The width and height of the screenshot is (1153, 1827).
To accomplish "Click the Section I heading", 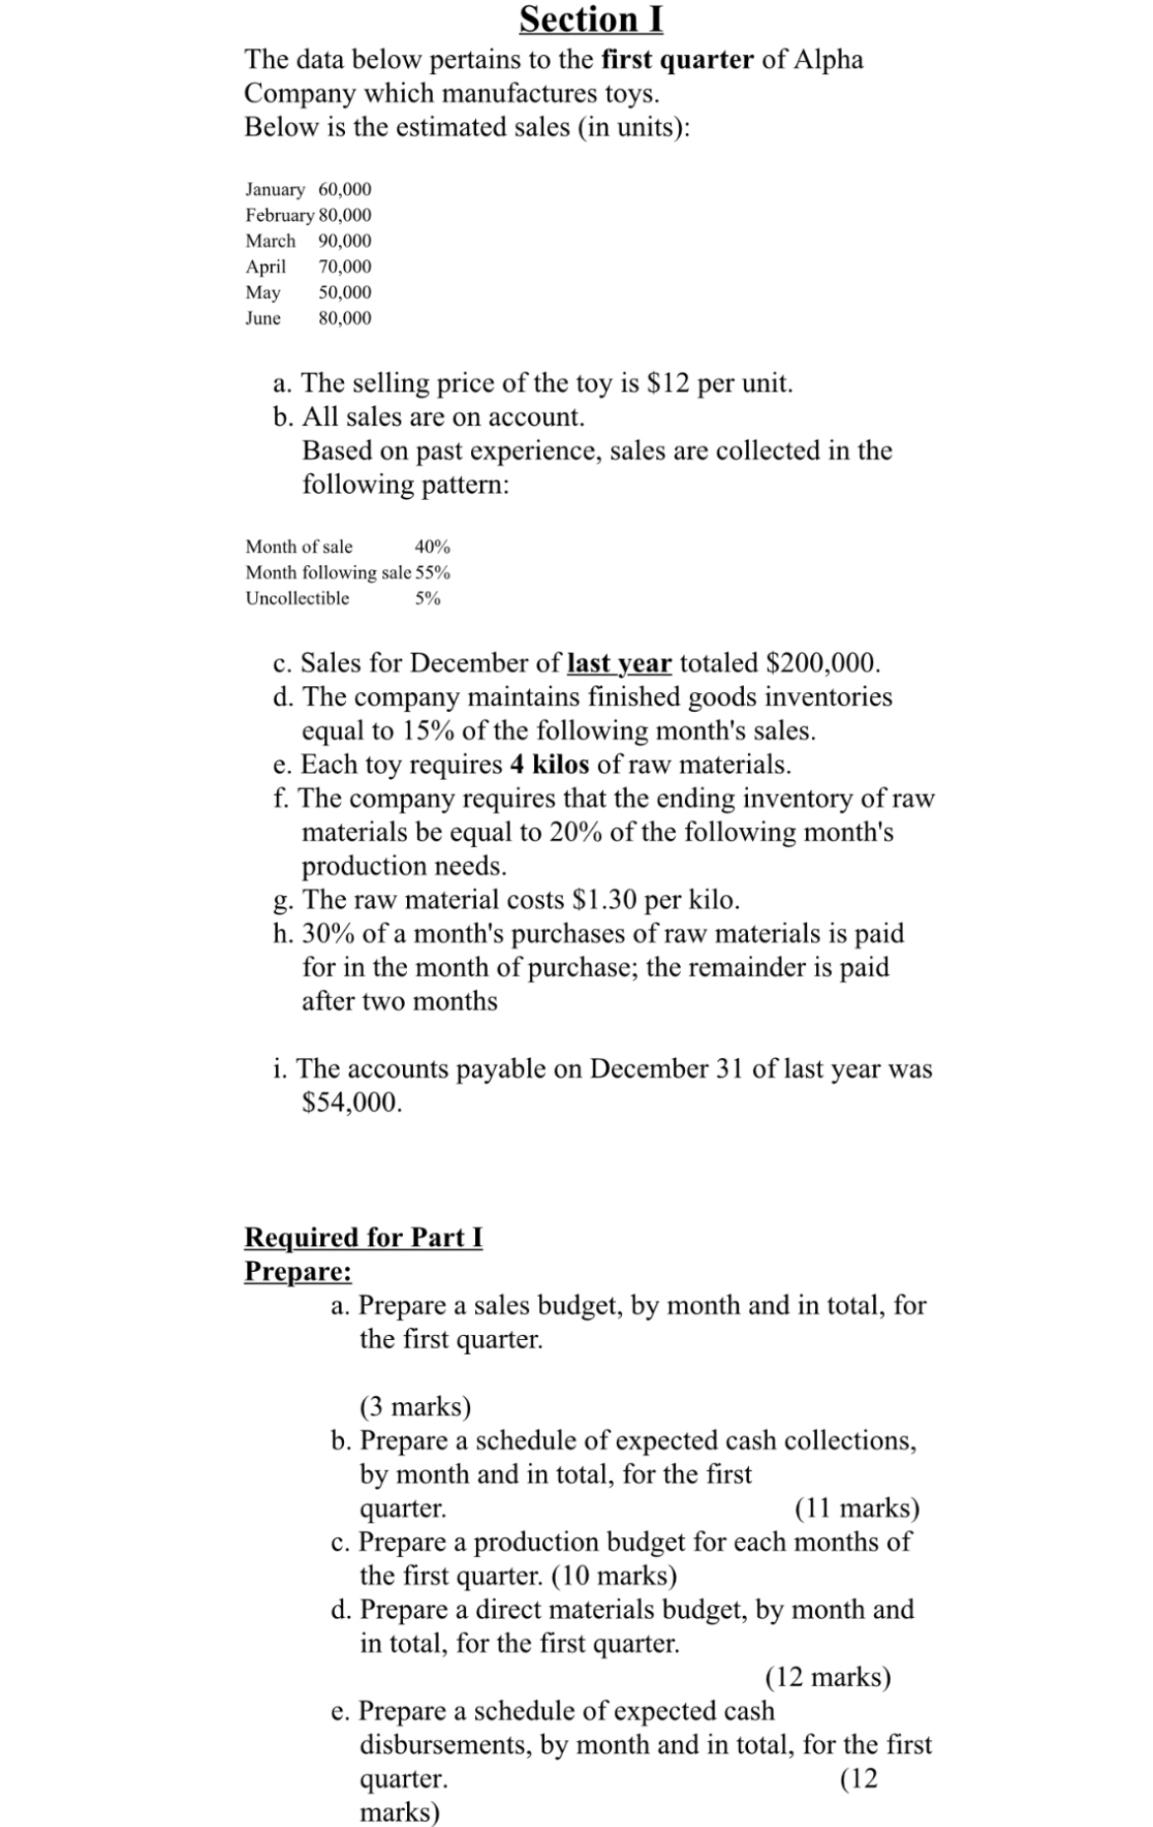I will pos(590,20).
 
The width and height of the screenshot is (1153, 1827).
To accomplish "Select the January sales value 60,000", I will pos(345,189).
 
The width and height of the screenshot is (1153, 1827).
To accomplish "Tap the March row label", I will pos(270,241).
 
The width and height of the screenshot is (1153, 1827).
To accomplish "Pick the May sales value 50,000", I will pos(345,292).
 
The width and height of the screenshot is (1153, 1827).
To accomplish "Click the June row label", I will pos(263,317).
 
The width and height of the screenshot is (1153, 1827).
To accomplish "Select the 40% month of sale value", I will pos(433,546).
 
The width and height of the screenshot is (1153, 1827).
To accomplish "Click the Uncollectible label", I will pos(297,597).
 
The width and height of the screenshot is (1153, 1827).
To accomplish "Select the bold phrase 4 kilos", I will pos(550,764).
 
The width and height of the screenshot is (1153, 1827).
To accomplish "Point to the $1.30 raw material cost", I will pos(607,899).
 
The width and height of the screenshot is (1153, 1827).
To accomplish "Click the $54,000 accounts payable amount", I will pos(352,1102).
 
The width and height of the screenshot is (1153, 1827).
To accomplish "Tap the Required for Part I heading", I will pos(363,1236).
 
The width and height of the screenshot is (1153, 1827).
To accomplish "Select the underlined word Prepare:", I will pos(298,1271).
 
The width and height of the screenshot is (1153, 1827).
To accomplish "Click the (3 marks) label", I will pos(415,1405).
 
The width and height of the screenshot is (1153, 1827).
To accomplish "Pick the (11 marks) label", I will pos(856,1508).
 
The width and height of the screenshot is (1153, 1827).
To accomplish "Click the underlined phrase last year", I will pos(620,663).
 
